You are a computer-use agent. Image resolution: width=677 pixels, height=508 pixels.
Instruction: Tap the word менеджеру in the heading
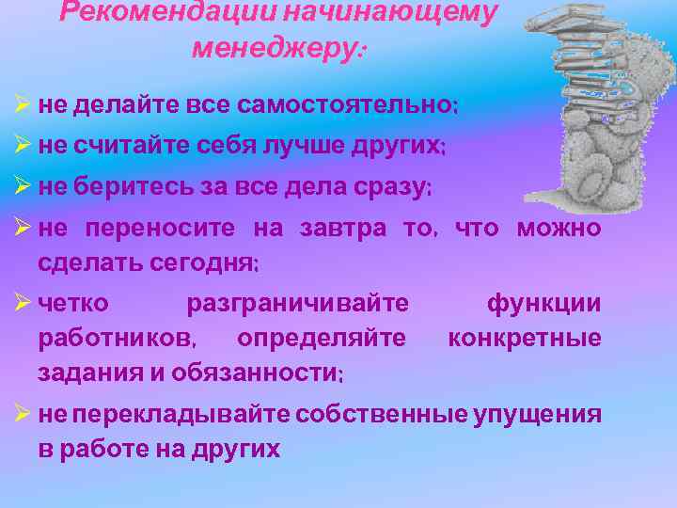pyautogui.click(x=274, y=48)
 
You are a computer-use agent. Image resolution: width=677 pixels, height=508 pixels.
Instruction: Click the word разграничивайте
pyautogui.click(x=298, y=304)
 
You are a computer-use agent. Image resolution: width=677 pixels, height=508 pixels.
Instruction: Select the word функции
pyautogui.click(x=543, y=304)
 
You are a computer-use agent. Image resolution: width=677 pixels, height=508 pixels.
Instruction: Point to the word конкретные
pyautogui.click(x=525, y=338)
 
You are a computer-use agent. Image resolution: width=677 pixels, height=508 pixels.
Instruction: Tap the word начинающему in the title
pyautogui.click(x=404, y=14)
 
